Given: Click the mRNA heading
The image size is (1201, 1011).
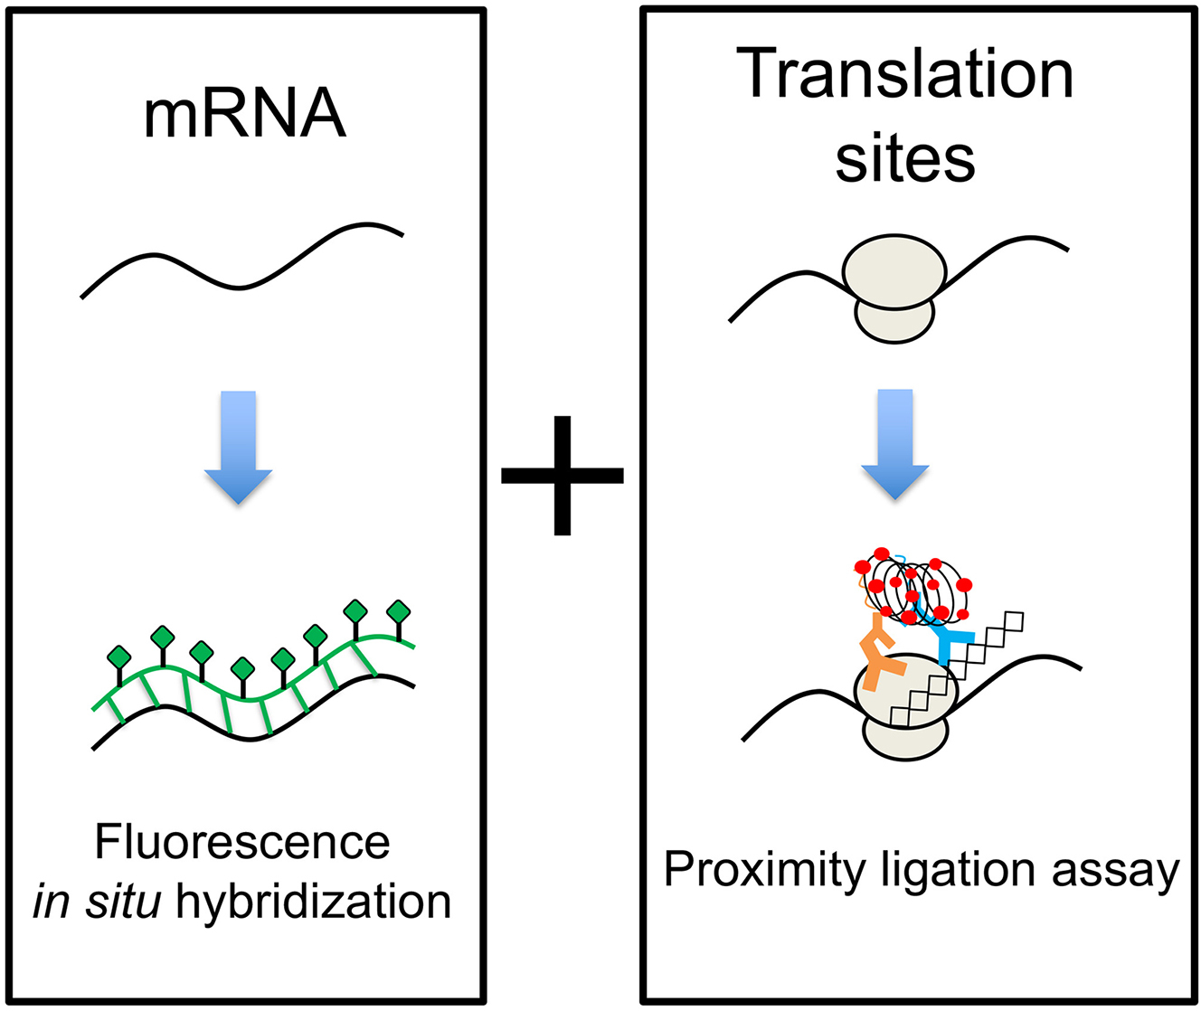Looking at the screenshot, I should coord(245,115).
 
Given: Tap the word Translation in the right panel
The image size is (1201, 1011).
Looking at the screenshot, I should coord(904,76).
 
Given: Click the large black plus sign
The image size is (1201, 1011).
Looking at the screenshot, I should coord(563,475).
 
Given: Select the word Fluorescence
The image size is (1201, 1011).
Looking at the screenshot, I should coord(242,843).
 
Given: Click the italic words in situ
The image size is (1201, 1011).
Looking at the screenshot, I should coord(97,902).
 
